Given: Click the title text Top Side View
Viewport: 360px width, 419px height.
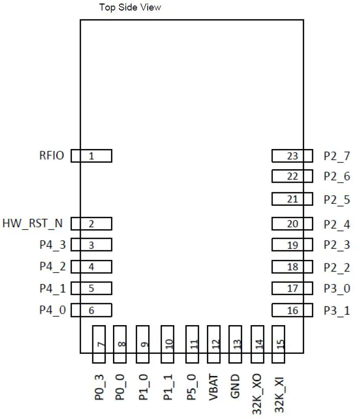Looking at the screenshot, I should [130, 8].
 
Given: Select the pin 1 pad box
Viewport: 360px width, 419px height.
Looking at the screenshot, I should [91, 156].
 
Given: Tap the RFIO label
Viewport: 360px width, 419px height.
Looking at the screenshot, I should [52, 156].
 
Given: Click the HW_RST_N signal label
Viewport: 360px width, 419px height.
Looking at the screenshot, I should [34, 223].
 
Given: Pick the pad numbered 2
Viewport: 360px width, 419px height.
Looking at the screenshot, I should [91, 224].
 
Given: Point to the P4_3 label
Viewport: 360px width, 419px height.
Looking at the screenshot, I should [53, 245].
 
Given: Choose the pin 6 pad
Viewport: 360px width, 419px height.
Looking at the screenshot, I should [91, 311].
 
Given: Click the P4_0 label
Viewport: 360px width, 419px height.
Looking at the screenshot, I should [53, 310].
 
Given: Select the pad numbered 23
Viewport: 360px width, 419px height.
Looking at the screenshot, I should [292, 156].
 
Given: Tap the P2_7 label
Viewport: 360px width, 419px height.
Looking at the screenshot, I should [336, 156].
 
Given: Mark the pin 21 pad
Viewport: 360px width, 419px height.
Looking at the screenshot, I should [292, 199].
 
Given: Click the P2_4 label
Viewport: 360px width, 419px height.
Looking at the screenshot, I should [336, 224].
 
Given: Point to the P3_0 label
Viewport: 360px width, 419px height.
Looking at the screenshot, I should [336, 289].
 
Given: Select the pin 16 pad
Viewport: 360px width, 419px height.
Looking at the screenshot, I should [292, 311].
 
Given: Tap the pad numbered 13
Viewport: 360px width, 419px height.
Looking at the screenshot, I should [236, 344].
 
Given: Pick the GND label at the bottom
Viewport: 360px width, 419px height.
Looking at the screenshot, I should [236, 388].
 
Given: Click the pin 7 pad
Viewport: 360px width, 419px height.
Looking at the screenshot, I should [100, 344].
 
